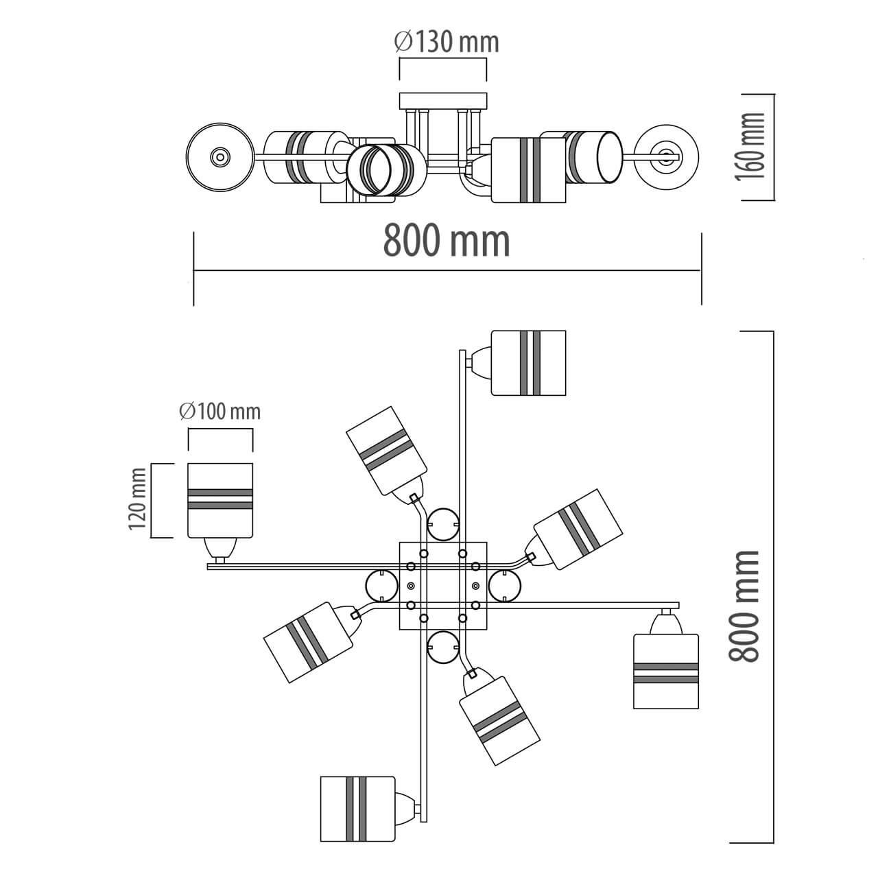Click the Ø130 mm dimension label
tap(447, 43)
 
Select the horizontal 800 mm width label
tap(447, 241)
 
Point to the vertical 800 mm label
tap(745, 606)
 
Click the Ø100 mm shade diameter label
tap(220, 412)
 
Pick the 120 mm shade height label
tap(138, 499)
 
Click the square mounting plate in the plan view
tap(443, 586)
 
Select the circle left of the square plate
tap(382, 586)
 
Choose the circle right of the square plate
tap(505, 586)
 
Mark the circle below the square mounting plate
tap(442, 647)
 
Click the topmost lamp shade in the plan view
tap(529, 363)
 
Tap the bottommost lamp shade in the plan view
tap(357, 809)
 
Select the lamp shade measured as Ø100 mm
tap(221, 500)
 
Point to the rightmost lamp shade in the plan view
tap(665, 672)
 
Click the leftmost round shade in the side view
tap(219, 157)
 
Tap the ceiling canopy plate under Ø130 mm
tap(443, 102)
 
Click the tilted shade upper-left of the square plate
tap(387, 450)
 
